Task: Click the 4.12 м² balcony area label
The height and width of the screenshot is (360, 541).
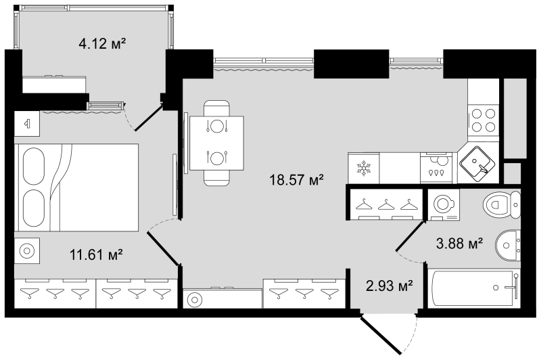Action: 102,44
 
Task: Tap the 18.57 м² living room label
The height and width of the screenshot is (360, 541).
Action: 296,180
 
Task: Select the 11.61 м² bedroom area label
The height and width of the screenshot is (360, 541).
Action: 96,254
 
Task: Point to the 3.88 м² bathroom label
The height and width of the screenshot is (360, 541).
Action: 459,244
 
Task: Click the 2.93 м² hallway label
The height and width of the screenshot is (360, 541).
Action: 390,286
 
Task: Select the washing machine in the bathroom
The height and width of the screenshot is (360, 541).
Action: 444,204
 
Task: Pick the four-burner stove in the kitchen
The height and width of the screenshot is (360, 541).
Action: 484,120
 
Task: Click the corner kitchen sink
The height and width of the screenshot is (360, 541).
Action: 479,164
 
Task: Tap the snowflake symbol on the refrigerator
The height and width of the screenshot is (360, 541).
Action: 364,168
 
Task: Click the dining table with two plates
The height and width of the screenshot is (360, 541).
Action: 216,143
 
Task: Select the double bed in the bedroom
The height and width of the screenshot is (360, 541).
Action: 76,187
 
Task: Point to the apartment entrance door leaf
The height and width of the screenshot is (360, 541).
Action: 381,335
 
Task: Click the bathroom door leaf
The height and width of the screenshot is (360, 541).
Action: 410,235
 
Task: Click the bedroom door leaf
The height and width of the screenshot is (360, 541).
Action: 163,248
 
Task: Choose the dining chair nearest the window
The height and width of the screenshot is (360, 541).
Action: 216,108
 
